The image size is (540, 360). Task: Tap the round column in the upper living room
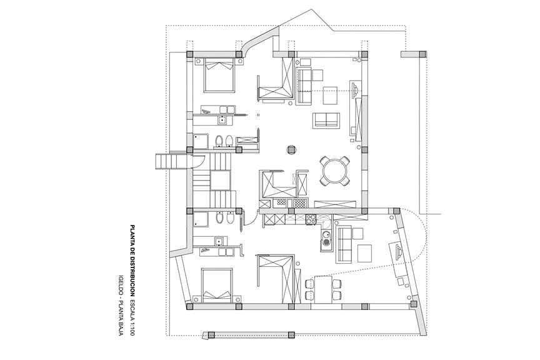(x=291, y=149)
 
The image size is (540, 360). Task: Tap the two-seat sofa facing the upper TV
(x=326, y=120)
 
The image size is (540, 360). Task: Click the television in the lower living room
(x=398, y=254)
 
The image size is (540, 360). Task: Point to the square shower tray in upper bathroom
(x=201, y=141)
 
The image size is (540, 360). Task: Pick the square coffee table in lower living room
(x=366, y=252)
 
